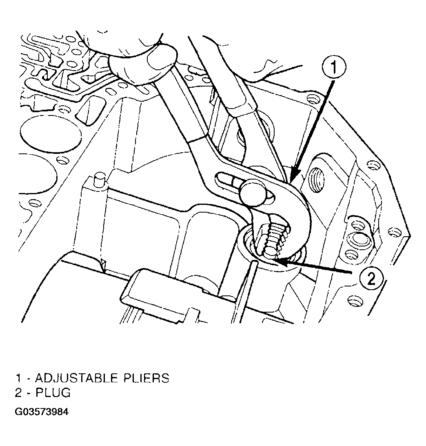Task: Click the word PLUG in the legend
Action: [x=53, y=393]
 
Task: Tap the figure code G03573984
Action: [x=42, y=412]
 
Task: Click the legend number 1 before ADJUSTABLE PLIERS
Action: [x=18, y=378]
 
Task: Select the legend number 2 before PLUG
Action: [x=18, y=393]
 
